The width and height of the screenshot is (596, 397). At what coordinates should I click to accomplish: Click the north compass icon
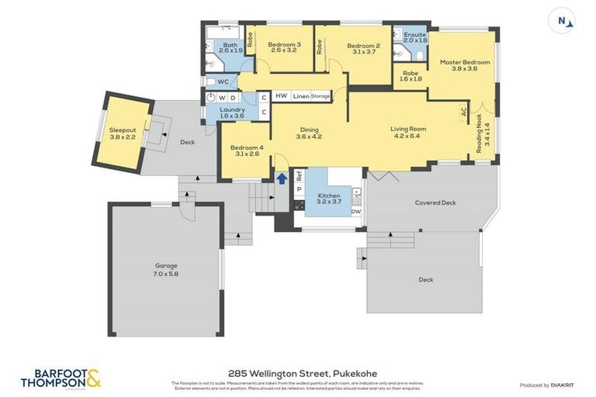click(x=562, y=22)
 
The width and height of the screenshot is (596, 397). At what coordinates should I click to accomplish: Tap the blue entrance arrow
click(x=281, y=179)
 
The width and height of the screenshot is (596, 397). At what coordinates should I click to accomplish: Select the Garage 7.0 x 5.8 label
click(x=166, y=269)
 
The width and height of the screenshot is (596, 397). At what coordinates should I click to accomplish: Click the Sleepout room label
click(x=123, y=133)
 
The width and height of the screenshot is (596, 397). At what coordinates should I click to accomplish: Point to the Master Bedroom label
click(x=465, y=65)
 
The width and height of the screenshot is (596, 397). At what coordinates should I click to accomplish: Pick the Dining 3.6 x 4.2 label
click(x=309, y=133)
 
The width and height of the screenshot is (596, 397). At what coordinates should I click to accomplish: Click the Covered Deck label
click(x=435, y=203)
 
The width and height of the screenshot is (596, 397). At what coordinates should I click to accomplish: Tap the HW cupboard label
click(x=281, y=96)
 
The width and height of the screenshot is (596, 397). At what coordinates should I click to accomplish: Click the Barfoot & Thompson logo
click(x=61, y=378)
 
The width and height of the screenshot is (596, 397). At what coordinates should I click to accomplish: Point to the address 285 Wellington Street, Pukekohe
click(x=298, y=372)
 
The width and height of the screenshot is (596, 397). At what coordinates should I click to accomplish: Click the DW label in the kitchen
click(x=356, y=212)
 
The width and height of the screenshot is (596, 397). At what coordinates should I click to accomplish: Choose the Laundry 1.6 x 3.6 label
click(x=232, y=112)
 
